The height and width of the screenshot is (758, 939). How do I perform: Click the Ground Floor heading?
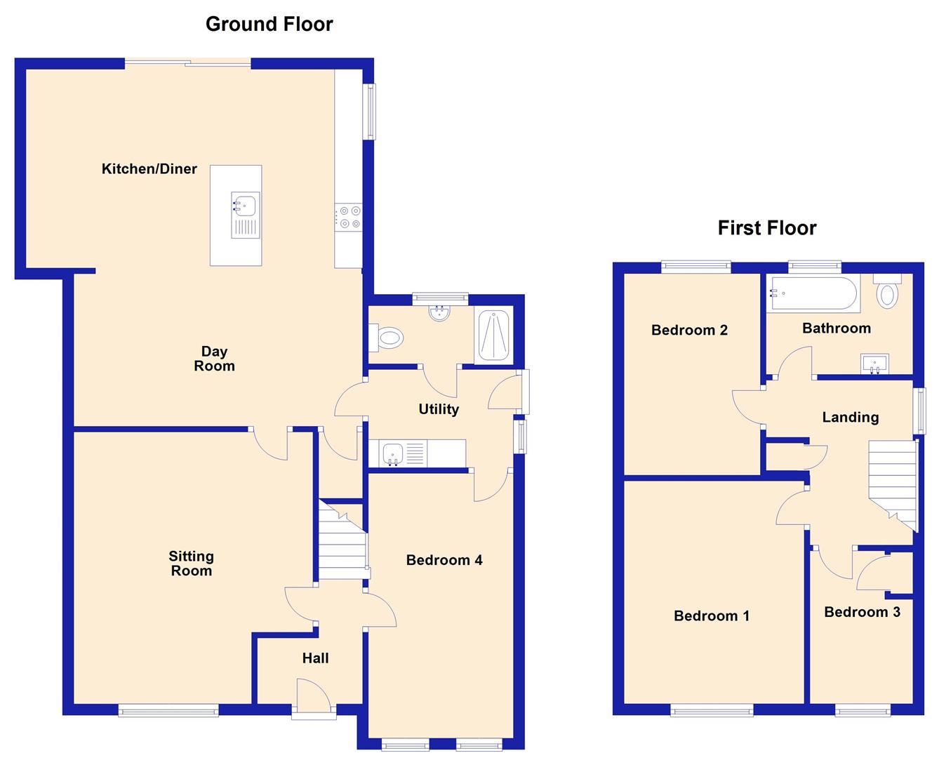pyautogui.click(x=269, y=24)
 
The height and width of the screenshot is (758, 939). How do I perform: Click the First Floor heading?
pyautogui.click(x=766, y=228)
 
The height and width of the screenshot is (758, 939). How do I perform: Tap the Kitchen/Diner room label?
pyautogui.click(x=149, y=168)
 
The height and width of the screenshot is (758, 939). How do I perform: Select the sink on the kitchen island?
pyautogui.click(x=245, y=215)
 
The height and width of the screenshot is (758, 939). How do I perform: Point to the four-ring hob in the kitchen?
pyautogui.click(x=349, y=216)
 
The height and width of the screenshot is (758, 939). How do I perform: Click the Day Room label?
pyautogui.click(x=214, y=359)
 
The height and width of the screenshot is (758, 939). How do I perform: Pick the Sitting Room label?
pyautogui.click(x=191, y=564)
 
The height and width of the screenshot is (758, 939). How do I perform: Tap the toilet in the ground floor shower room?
pyautogui.click(x=387, y=339)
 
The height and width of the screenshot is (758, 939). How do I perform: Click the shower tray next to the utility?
pyautogui.click(x=494, y=335)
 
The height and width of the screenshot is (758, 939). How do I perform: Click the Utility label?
pyautogui.click(x=439, y=409)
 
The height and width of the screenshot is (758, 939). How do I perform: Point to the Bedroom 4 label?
pyautogui.click(x=444, y=560)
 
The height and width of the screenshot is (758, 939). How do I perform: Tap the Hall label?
pyautogui.click(x=315, y=658)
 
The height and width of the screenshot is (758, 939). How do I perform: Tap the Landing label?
pyautogui.click(x=850, y=418)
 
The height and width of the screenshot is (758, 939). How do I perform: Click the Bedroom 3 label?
pyautogui.click(x=862, y=612)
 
